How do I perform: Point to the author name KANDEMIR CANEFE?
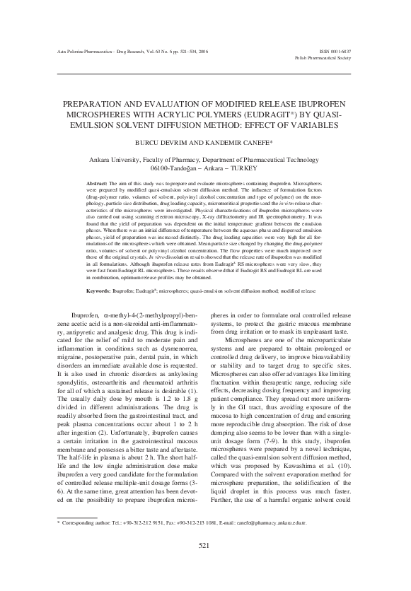233,141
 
